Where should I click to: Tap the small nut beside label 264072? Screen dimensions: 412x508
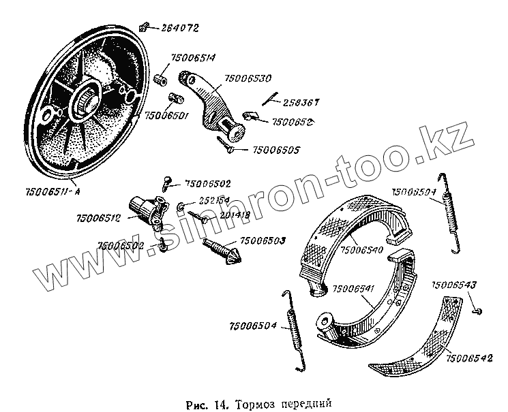click(x=144, y=27)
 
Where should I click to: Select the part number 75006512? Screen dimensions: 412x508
click(x=100, y=219)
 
